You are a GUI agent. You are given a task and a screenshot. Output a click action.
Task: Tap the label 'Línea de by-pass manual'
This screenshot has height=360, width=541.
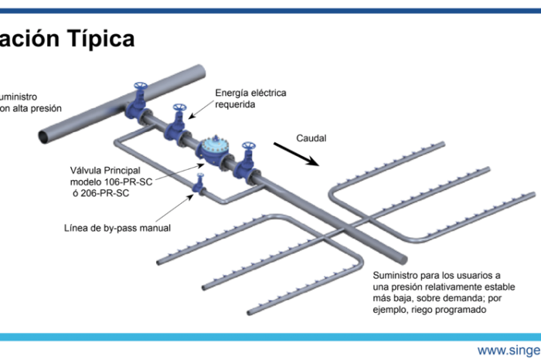click(x=117, y=228)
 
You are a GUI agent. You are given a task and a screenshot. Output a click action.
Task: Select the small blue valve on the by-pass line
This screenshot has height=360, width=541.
click(x=199, y=185)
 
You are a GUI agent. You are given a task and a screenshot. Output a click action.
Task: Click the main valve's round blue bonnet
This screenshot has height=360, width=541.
click(x=212, y=146)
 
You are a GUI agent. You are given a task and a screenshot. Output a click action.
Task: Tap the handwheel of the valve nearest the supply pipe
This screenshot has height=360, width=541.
click(x=140, y=85)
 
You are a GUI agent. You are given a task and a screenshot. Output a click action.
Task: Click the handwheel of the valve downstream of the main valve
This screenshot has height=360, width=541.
click(x=248, y=146)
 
